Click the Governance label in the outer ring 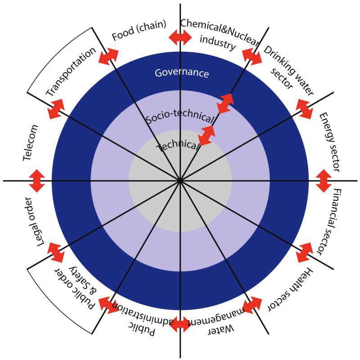coord(181,73)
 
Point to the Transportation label coord(71,72)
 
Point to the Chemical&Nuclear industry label coord(219,34)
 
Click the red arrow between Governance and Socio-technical coord(225,103)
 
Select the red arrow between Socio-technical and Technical coord(207,135)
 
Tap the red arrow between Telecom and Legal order coord(36,180)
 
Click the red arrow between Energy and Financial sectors coord(324,180)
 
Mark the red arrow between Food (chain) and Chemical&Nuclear coord(180,37)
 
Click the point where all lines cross coord(180,180)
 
